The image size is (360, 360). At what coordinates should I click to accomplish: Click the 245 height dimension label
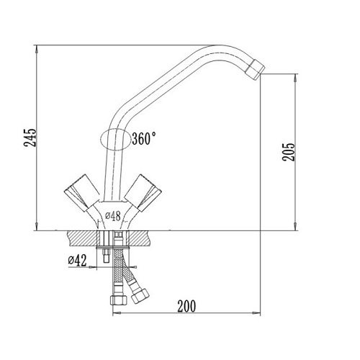pos(30,138)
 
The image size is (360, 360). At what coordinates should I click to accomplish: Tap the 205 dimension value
pos(288,152)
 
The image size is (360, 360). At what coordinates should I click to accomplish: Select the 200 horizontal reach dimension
pos(186,306)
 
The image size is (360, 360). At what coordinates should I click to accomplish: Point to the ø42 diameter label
pos(77,261)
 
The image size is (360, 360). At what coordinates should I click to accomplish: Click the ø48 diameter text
pos(113,216)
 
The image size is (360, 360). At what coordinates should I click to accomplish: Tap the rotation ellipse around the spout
pos(101,139)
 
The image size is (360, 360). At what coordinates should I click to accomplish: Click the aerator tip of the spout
pos(256,69)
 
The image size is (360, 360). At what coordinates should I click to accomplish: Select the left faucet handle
pos(81,193)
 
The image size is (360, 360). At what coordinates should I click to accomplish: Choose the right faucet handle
pos(143,193)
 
